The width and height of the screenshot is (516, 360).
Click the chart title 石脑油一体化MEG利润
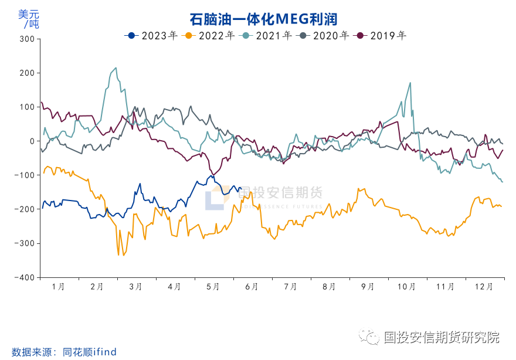pos(263,19)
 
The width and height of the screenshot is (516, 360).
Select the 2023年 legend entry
pos(151,35)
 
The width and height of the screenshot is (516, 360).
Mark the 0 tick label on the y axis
pos(32,141)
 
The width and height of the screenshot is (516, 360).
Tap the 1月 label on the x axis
pos(59,287)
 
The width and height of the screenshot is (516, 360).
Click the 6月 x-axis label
pos(252,287)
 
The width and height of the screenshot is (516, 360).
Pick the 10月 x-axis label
pos(406,287)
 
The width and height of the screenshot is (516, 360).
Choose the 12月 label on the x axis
pos(484,287)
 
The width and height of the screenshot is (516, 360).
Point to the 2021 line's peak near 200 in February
pos(115,68)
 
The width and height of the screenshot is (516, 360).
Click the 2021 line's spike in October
pos(409,83)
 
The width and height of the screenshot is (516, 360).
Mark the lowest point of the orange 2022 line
pos(118,254)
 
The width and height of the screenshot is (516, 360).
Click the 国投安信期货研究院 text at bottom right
pos(441,337)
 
